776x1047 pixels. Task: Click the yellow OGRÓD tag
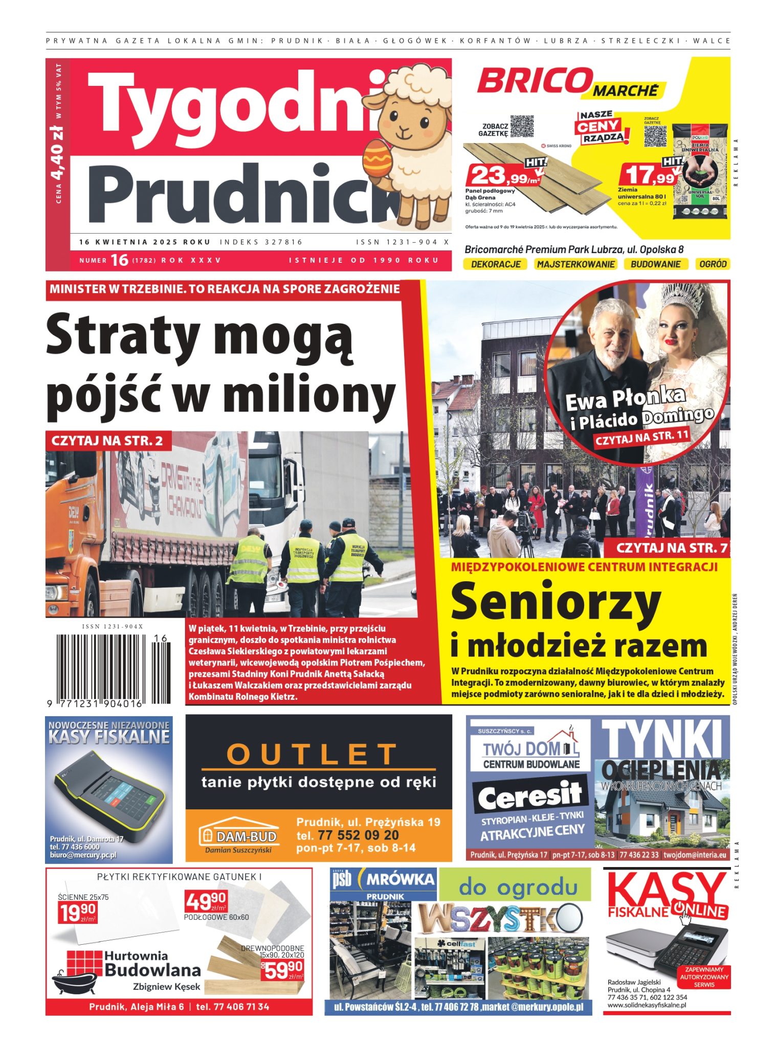click(712, 264)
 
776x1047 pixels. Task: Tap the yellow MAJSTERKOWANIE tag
click(575, 264)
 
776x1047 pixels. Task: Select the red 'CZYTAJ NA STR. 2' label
click(108, 441)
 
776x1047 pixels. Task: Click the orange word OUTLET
click(312, 754)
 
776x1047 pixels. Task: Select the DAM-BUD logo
click(239, 836)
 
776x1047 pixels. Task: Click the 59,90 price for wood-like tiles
click(281, 968)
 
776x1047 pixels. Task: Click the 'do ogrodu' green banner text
click(517, 886)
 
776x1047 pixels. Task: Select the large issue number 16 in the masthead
click(119, 260)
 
